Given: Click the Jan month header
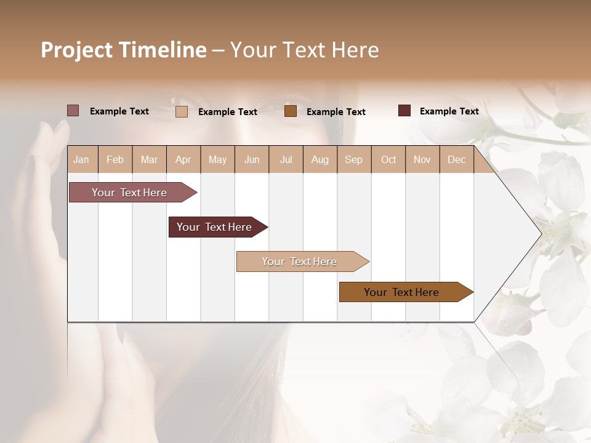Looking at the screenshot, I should click(82, 160).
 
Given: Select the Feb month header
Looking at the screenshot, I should click(115, 160).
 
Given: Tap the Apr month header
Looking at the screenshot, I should click(183, 160).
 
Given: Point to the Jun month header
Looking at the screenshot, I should click(252, 160).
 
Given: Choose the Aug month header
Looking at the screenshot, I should click(320, 160).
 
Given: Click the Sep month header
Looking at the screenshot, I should click(354, 160).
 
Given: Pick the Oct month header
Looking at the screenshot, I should click(388, 160).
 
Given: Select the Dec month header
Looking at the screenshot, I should click(457, 160).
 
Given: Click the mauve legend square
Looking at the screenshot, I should click(73, 111).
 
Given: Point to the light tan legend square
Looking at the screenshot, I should click(182, 111).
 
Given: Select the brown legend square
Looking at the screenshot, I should click(291, 111).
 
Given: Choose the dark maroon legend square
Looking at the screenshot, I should click(404, 111).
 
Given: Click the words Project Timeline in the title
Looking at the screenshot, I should click(124, 50).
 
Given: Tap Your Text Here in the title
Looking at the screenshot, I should click(305, 50).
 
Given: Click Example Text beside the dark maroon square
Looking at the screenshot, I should click(449, 111).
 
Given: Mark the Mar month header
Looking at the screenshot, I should click(150, 160).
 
